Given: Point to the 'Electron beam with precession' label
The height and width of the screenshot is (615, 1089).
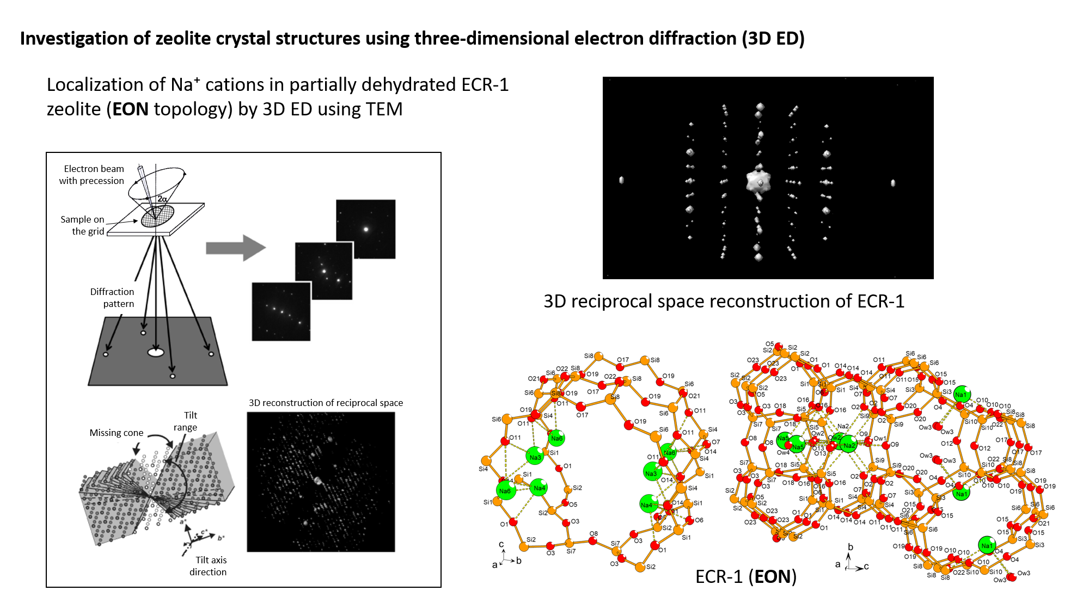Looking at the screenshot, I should point(92,175).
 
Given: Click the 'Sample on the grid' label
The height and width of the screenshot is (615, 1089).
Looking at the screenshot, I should point(83,225).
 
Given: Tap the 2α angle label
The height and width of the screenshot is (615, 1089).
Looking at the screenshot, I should point(162,199).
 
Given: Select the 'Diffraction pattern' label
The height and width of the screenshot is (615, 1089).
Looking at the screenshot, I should point(112,298).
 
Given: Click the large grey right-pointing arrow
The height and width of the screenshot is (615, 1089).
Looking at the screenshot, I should point(235,248).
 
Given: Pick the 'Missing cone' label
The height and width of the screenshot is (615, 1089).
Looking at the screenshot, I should point(117,433).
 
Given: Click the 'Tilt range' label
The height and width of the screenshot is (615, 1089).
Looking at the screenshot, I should point(186,421).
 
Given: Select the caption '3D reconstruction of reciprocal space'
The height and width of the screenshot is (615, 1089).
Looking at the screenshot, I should point(326,403).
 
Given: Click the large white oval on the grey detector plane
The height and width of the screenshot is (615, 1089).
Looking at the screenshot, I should point(156,353).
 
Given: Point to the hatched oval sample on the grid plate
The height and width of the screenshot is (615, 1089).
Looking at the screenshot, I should point(157,216).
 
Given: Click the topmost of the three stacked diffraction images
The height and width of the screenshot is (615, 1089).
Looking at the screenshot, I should point(365,229).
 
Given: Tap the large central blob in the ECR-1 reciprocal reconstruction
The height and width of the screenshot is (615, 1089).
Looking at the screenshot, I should point(759,182).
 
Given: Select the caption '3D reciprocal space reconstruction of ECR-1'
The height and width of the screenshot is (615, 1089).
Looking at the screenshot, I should point(724,302).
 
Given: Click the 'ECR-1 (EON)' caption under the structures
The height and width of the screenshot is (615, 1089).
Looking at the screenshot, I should point(745,576).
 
